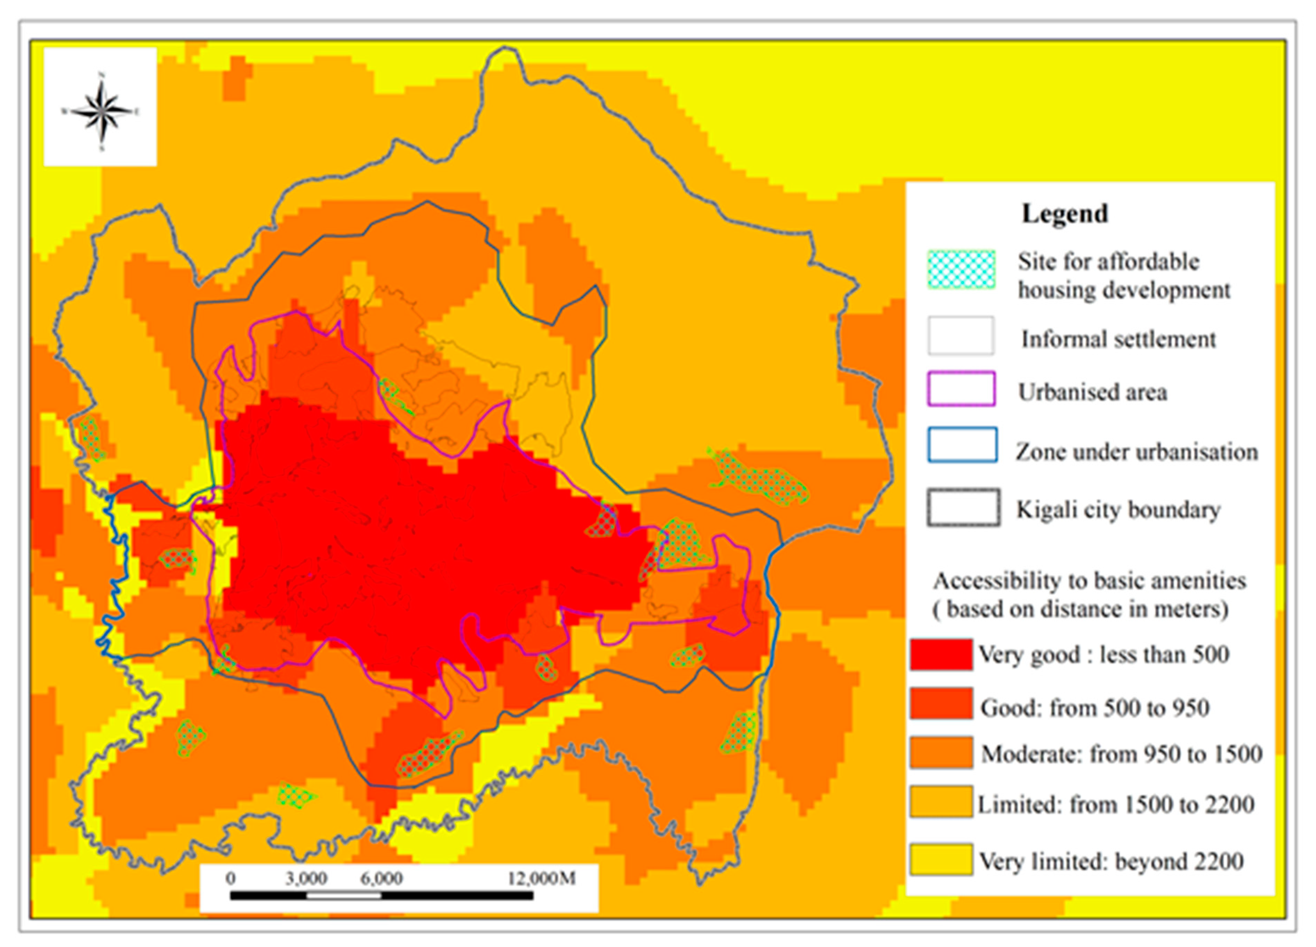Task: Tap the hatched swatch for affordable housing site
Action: [x=961, y=269]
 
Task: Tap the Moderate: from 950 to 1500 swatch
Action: [x=940, y=753]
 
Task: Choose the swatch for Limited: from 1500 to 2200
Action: [x=940, y=801]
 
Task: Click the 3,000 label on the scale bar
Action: [x=306, y=878]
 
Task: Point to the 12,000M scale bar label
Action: [x=541, y=878]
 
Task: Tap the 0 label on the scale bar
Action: [x=231, y=878]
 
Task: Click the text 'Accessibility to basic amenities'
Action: [x=1089, y=580]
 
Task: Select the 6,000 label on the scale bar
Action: [x=381, y=878]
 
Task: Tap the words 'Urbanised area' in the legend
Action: [x=1092, y=392]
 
